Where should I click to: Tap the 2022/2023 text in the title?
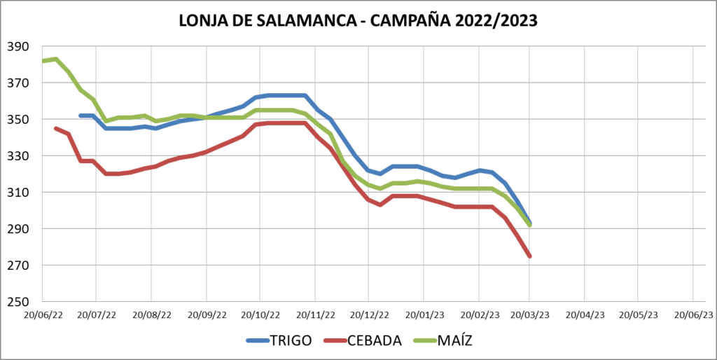pos(493,21)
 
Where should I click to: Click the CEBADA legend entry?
pos(374,341)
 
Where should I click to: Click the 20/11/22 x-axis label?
pos(314,314)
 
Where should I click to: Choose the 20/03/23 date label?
pos(530,314)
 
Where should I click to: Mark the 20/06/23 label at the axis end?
pos(693,314)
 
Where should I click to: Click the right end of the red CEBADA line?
pos(530,256)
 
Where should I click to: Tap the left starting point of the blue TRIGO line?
pos(81,116)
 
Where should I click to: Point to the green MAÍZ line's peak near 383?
pos(55,59)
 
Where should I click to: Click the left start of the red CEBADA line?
pos(55,128)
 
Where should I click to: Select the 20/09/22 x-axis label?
pos(206,314)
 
